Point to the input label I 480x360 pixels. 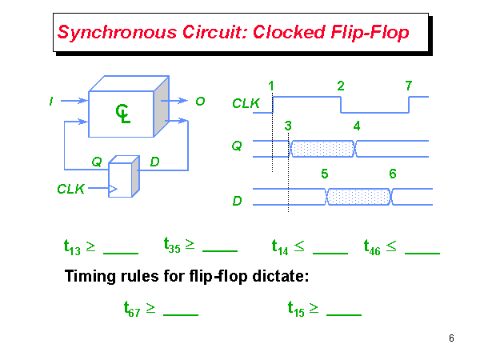point(51,101)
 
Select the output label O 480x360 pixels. point(200,101)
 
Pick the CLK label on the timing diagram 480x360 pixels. point(244,103)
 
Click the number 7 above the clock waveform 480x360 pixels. point(409,86)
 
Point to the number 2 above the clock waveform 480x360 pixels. point(341,86)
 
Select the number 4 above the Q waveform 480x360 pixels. point(356,126)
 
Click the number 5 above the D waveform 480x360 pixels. point(324,174)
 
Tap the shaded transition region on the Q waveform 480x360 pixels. point(322,148)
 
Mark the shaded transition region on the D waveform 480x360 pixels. point(358,196)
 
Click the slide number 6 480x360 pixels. point(451,338)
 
